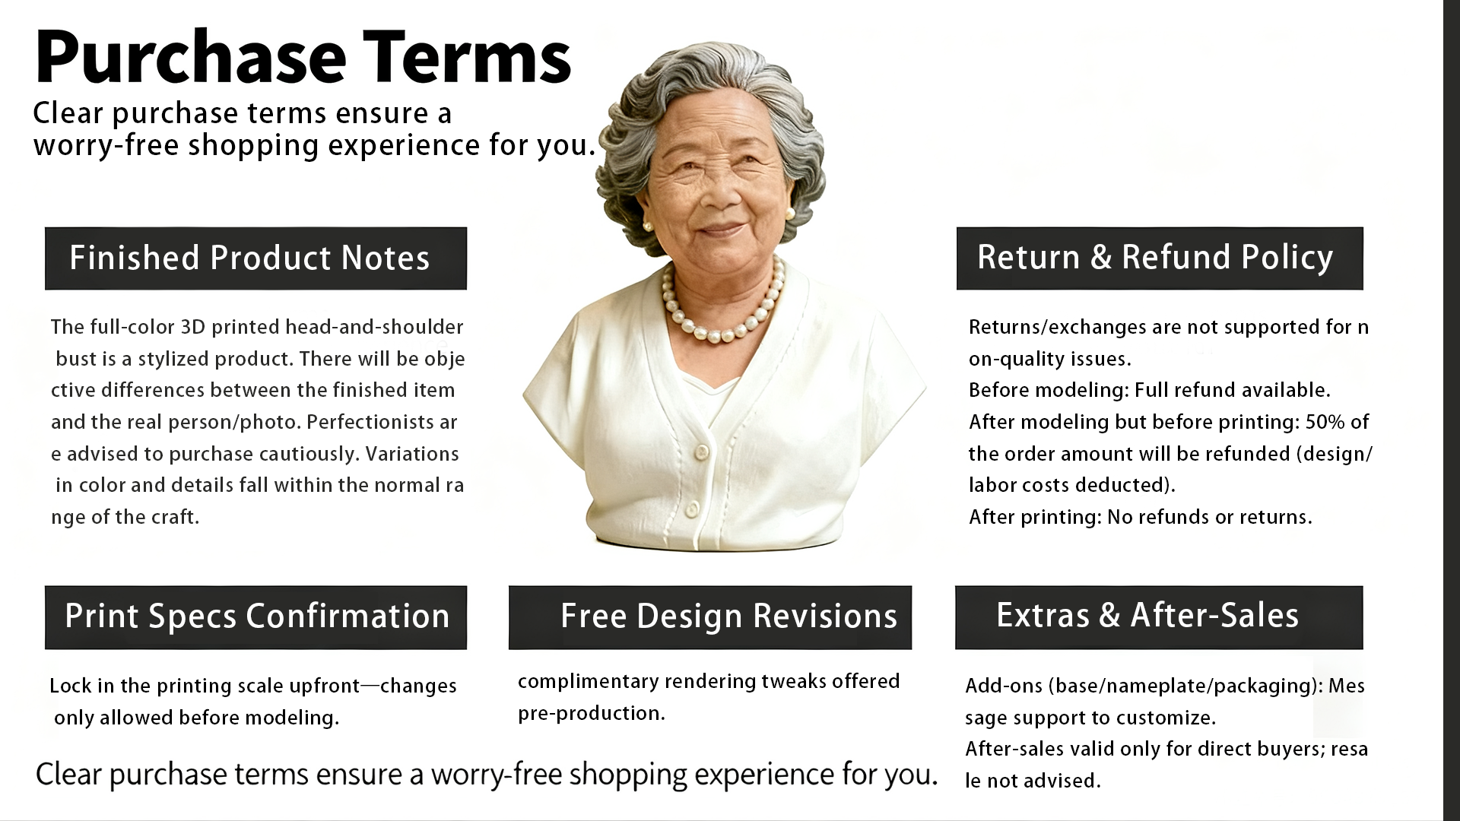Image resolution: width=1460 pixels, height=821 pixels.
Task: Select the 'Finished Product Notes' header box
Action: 255,258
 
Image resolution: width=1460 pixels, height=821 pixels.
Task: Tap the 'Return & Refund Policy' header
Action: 1160,258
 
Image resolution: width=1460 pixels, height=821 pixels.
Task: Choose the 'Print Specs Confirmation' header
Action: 255,617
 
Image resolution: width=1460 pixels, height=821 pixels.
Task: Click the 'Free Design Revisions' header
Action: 710,617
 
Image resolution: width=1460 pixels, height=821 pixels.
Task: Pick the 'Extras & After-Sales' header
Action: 1159,617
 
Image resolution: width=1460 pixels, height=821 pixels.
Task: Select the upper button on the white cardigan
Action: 701,453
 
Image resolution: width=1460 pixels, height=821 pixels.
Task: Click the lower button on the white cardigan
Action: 692,509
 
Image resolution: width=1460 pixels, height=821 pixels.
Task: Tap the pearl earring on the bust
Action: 648,227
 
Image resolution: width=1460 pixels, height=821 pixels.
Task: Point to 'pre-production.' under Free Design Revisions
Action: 592,714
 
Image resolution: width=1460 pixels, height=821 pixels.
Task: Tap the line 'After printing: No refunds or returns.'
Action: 1141,517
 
